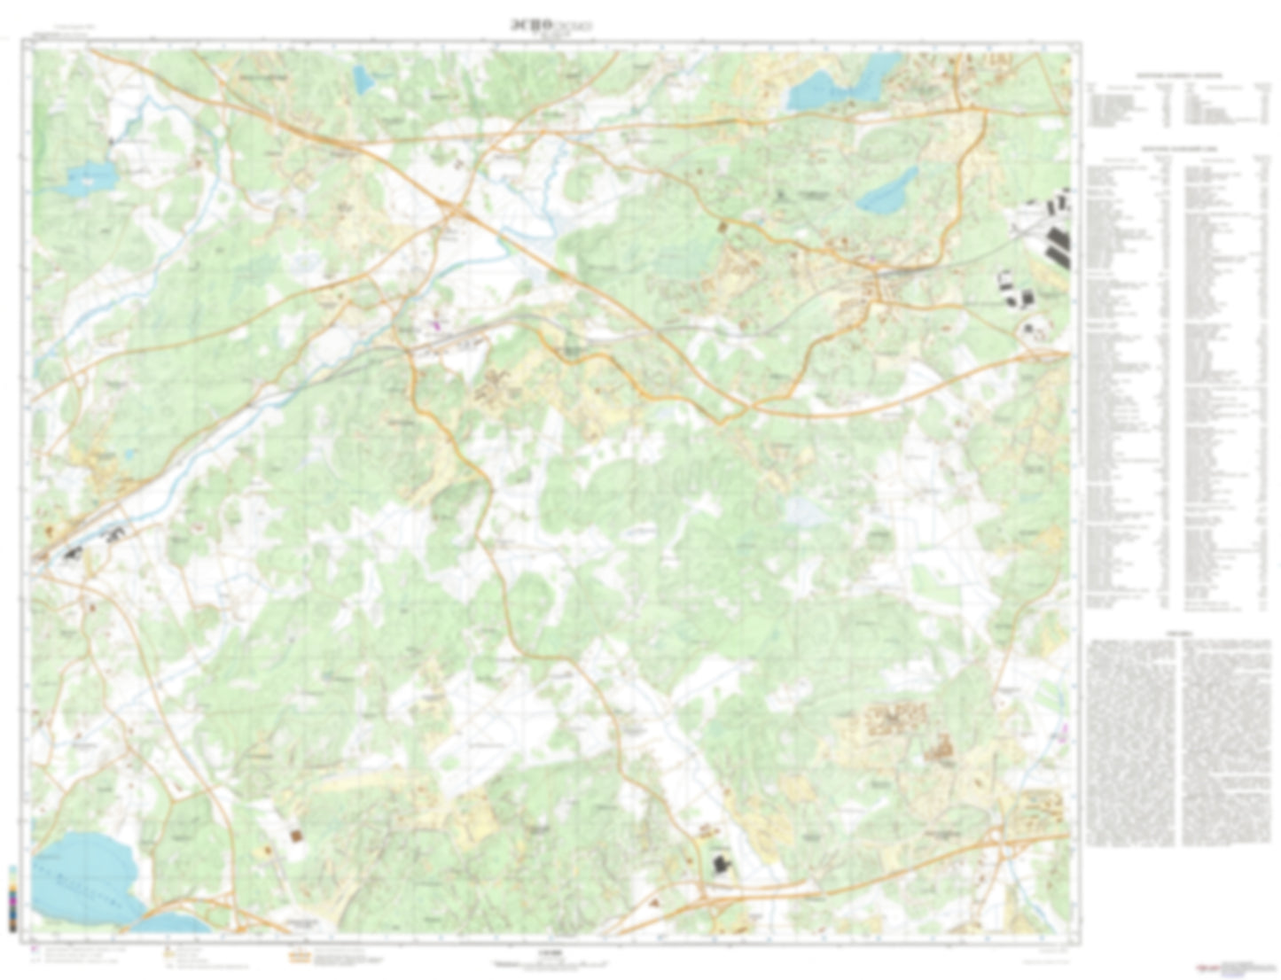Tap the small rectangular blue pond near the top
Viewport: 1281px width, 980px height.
pyautogui.click(x=363, y=79)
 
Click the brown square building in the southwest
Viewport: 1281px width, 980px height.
pyautogui.click(x=295, y=835)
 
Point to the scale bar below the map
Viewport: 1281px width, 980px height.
pyautogui.click(x=550, y=965)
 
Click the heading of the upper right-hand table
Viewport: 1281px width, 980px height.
pyautogui.click(x=1179, y=76)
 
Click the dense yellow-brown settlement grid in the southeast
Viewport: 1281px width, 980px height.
pyautogui.click(x=895, y=718)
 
